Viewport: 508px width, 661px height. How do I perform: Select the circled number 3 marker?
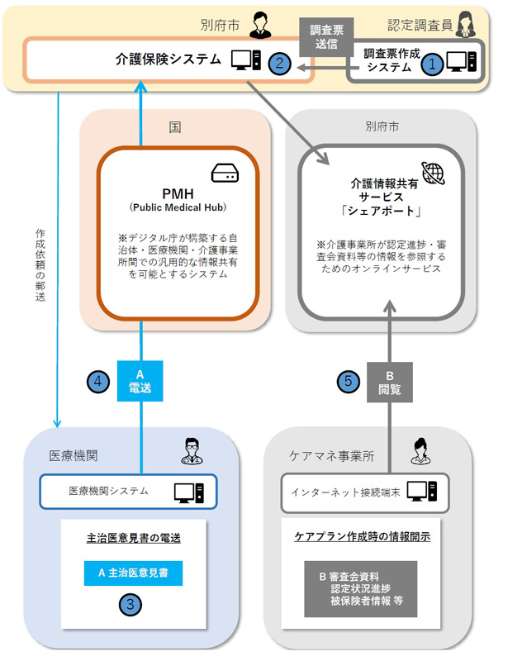(x=131, y=604)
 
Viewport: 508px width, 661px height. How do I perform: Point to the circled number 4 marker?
(x=98, y=382)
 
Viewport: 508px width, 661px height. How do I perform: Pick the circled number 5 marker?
(x=349, y=382)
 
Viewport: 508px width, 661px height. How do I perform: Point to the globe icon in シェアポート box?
(x=432, y=173)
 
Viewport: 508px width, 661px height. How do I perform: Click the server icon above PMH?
(x=225, y=173)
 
